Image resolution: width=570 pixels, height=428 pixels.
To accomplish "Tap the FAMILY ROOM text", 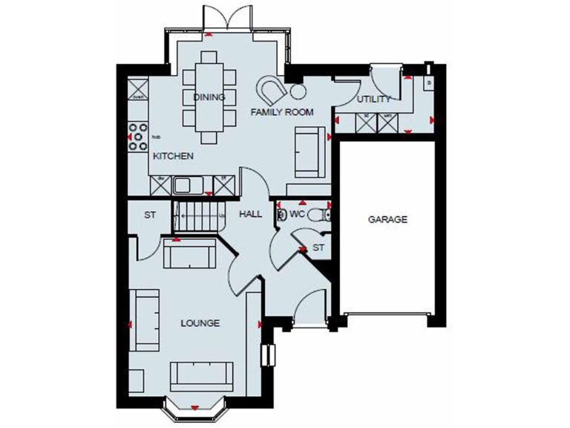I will click(x=281, y=112).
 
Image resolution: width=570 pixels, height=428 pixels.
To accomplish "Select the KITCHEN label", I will click(x=173, y=157).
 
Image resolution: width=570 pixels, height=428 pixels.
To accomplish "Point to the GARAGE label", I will click(x=388, y=220).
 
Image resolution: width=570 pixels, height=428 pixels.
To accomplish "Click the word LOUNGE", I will click(x=200, y=323).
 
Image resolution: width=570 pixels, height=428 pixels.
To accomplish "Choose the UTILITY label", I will click(x=373, y=100).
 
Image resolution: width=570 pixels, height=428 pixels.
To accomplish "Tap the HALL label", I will click(x=250, y=214).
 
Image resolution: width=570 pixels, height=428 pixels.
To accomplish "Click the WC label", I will click(x=298, y=214).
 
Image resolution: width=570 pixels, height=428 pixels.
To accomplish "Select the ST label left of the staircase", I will click(x=150, y=215).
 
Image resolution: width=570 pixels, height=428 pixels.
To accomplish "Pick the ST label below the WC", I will click(x=318, y=247).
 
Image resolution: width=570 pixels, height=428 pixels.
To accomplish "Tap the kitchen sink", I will click(x=183, y=184).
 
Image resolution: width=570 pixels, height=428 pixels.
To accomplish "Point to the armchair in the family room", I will click(x=272, y=90).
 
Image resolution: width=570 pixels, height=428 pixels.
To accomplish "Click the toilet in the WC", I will click(x=318, y=215).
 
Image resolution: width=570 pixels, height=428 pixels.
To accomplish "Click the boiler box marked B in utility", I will click(x=429, y=83).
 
